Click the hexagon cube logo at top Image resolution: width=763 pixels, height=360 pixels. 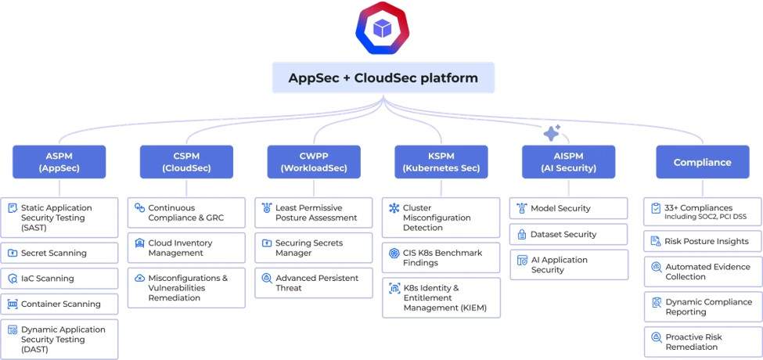382,29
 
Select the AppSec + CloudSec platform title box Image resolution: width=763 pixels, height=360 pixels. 383,78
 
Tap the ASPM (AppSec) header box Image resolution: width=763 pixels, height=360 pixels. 59,162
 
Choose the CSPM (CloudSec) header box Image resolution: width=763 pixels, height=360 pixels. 186,162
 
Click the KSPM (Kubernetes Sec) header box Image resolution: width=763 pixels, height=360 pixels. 441,162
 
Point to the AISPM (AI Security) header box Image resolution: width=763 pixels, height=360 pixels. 568,162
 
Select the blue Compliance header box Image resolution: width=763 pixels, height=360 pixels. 702,162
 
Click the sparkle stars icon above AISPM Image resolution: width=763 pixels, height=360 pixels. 552,133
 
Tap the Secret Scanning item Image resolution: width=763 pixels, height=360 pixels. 59,253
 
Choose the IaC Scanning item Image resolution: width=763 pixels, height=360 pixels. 59,279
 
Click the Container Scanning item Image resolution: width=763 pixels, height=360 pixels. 59,304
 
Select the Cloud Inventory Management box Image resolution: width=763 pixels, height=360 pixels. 186,248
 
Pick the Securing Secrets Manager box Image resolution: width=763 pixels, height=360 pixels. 314,248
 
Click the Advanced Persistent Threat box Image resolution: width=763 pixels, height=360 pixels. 314,283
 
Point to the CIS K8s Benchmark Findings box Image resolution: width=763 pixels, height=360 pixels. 441,257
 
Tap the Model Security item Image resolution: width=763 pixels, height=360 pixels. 568,208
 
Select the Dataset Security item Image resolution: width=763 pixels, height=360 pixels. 568,234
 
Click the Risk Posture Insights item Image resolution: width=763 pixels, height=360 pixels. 702,241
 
